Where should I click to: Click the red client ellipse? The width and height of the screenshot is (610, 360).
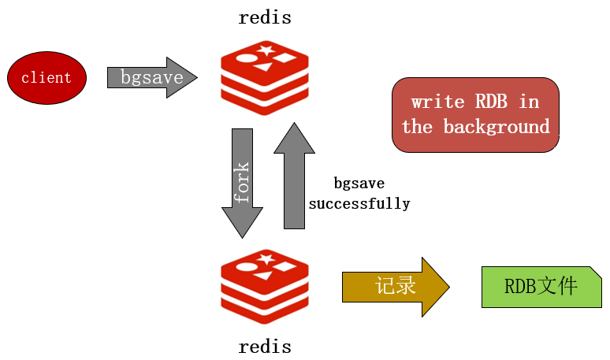(x=46, y=78)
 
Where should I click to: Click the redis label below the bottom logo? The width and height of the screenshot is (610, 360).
(x=265, y=346)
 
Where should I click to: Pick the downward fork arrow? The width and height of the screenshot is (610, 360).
(x=243, y=182)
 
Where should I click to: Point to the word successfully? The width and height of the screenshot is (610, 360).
(x=359, y=203)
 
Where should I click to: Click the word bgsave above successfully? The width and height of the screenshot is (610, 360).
(x=359, y=184)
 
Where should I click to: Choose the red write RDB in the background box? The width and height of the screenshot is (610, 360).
(x=475, y=114)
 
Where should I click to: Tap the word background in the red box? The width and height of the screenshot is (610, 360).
(x=497, y=127)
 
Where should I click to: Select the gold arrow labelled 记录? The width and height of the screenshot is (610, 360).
(x=395, y=286)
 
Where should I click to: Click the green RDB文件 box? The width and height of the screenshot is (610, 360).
(x=541, y=286)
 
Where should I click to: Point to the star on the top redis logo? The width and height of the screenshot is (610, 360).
(x=266, y=51)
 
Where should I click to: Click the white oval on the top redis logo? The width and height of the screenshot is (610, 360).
(x=247, y=58)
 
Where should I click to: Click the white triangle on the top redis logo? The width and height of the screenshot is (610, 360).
(x=263, y=67)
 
